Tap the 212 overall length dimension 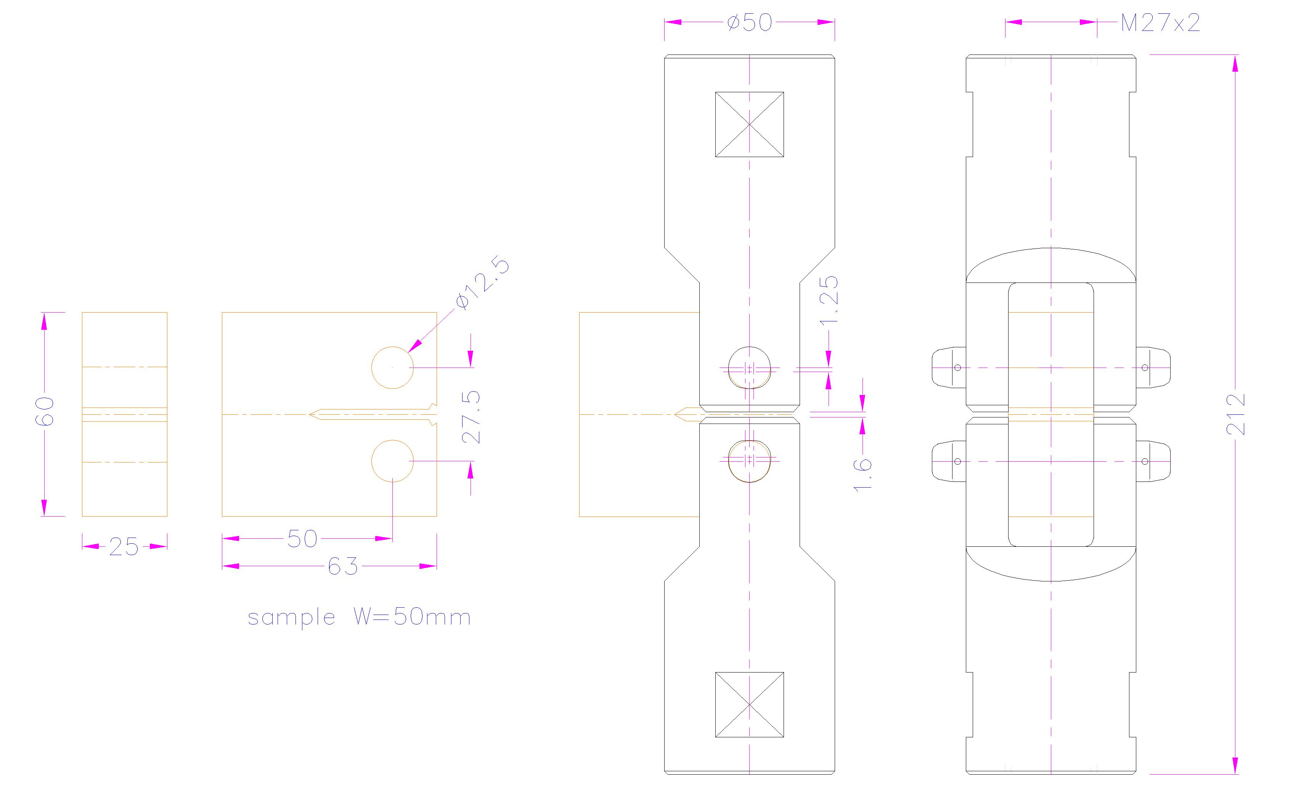tap(1235, 414)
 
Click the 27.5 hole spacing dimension tap(472, 417)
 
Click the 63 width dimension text tap(343, 566)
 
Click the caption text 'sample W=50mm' tap(360, 617)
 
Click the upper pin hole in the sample tap(392, 368)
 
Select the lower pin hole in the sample tap(392, 461)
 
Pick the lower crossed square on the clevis tap(749, 704)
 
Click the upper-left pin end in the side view tap(949, 368)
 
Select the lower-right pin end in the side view tap(1153, 461)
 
